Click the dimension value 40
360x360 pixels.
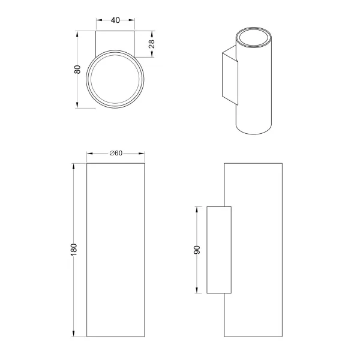pyautogui.click(x=116, y=20)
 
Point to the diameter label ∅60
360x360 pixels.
pyautogui.click(x=116, y=153)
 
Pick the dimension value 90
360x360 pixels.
pyautogui.click(x=196, y=250)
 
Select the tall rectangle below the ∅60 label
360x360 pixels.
pyautogui.click(x=116, y=249)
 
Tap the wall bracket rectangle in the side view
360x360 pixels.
pyautogui.click(x=218, y=250)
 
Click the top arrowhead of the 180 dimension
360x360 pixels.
pyautogui.click(x=74, y=165)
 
